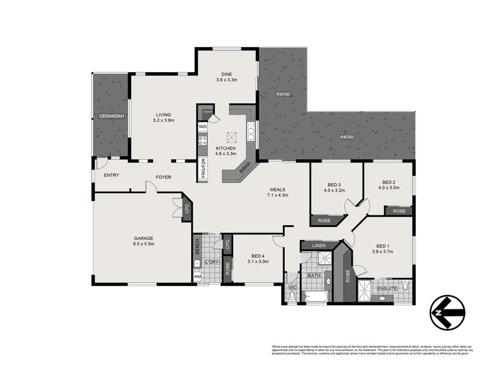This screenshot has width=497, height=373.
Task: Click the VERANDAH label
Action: click(x=111, y=116)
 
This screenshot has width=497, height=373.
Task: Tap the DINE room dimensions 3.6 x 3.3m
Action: click(x=227, y=80)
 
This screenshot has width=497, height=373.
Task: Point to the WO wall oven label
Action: click(x=202, y=127)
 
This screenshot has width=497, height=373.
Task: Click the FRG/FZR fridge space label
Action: click(x=203, y=168)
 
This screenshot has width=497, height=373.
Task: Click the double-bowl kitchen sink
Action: click(x=251, y=133)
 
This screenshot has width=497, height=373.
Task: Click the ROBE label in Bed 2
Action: click(x=399, y=211)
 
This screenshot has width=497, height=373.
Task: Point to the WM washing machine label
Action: click(x=197, y=277)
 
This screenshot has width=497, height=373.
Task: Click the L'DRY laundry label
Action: click(x=212, y=262)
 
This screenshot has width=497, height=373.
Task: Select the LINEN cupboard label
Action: click(x=319, y=246)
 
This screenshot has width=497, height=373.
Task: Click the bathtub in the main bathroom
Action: click(x=314, y=297)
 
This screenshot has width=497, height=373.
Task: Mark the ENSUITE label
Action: click(x=387, y=288)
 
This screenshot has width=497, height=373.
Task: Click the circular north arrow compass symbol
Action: click(x=448, y=312)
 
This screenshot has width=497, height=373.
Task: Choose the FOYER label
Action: click(x=164, y=177)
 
